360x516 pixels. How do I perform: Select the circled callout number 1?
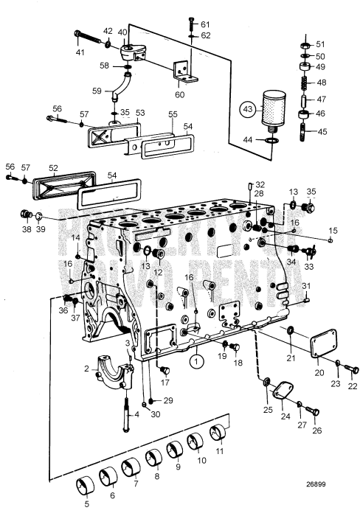(195, 361)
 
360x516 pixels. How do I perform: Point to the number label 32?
(260, 184)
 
